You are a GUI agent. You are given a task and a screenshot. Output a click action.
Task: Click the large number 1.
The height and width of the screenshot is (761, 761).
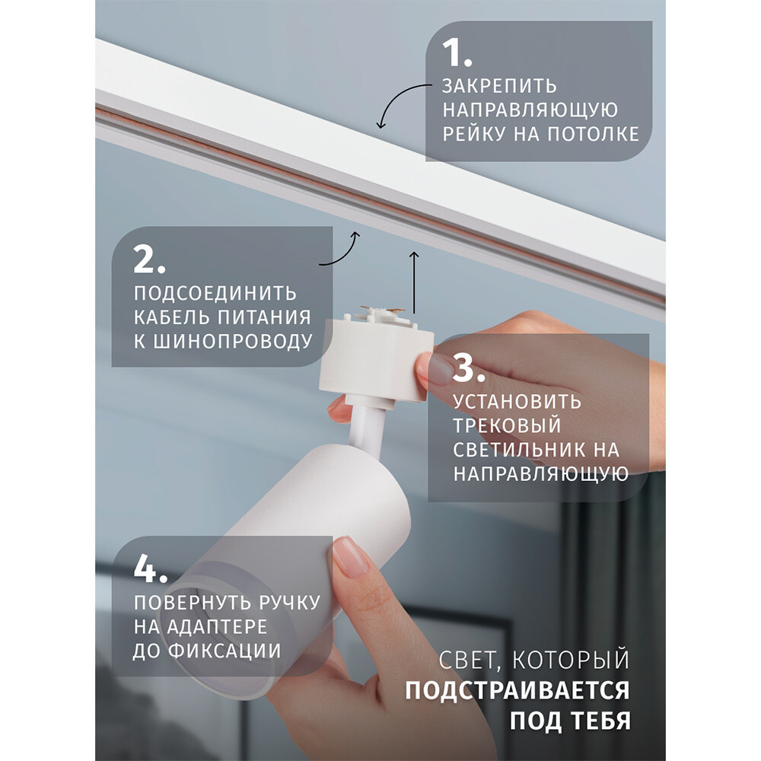pyautogui.click(x=456, y=53)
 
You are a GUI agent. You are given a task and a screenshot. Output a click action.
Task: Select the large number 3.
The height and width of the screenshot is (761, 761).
pyautogui.click(x=469, y=367)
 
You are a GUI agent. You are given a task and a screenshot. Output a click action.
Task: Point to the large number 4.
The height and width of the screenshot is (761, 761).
pyautogui.click(x=151, y=568)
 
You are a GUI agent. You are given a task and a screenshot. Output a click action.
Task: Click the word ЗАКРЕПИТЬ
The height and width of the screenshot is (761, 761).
pyautogui.click(x=499, y=86)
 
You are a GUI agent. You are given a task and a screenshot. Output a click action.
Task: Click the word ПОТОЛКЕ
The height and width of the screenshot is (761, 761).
pyautogui.click(x=593, y=134)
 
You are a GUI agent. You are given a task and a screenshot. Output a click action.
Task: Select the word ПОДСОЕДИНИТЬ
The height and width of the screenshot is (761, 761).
pyautogui.click(x=215, y=293)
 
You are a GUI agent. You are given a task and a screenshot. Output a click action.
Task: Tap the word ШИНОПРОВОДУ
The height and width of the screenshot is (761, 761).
pyautogui.click(x=233, y=341)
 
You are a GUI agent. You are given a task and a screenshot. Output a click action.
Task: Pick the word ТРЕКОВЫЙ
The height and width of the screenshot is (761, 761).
pyautogui.click(x=507, y=425)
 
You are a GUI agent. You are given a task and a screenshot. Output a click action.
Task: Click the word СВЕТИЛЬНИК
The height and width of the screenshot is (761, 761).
pyautogui.click(x=520, y=450)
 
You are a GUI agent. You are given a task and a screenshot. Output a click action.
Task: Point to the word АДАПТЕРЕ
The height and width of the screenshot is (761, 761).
pyautogui.click(x=216, y=626)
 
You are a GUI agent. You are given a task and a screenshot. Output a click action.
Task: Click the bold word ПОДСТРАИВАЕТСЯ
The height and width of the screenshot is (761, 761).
pyautogui.click(x=517, y=690)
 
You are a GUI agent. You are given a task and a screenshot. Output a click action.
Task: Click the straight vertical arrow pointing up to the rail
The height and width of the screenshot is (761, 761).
pyautogui.click(x=414, y=283)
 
